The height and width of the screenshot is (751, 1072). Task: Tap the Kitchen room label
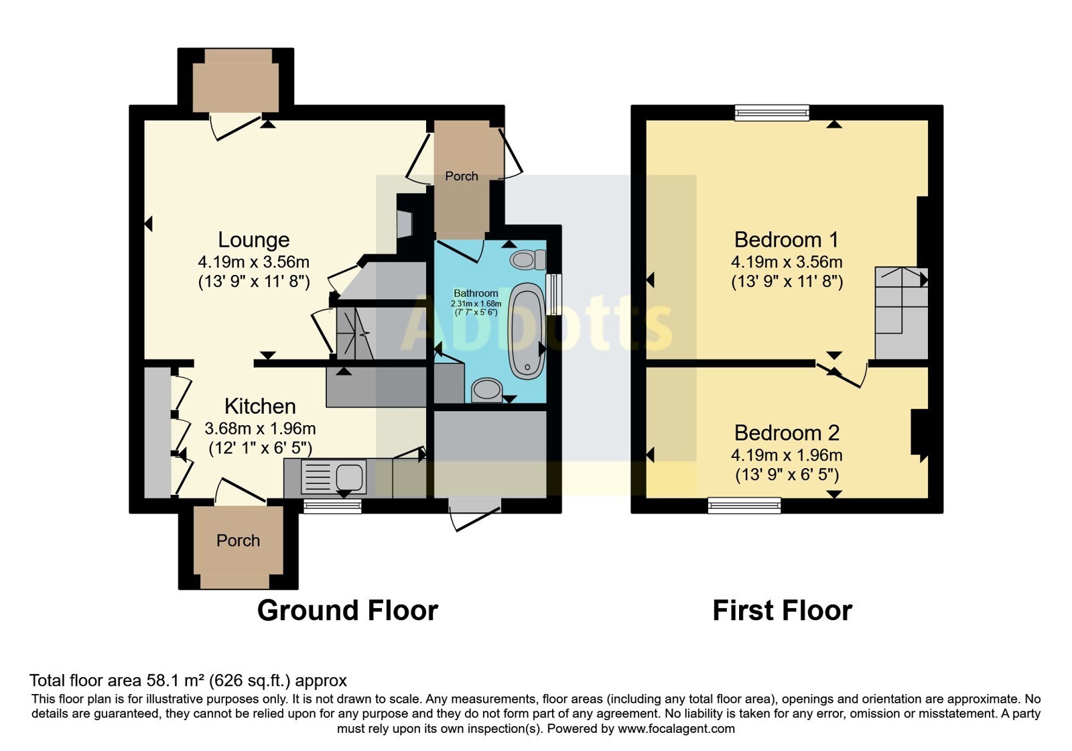click(x=260, y=406)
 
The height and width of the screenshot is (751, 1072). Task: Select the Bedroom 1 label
click(x=787, y=240)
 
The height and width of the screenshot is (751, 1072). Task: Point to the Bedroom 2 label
click(x=787, y=433)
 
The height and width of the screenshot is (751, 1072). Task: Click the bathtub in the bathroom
click(x=527, y=331)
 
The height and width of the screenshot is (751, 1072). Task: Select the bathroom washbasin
click(x=487, y=390)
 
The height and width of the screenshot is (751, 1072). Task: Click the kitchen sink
click(x=334, y=477)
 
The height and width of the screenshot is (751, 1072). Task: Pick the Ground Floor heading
click(x=348, y=611)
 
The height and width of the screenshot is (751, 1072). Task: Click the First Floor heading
click(x=782, y=611)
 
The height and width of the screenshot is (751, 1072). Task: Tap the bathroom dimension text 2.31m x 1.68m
click(x=476, y=304)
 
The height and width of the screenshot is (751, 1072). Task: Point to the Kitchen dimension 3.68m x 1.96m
click(x=260, y=428)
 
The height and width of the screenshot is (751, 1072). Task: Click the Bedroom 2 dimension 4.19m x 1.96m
click(x=787, y=455)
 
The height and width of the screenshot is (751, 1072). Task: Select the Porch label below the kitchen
click(x=238, y=540)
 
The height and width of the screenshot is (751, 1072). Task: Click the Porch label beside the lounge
click(x=462, y=176)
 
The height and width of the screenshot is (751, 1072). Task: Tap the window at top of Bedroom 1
click(x=772, y=113)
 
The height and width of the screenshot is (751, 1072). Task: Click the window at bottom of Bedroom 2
click(x=744, y=506)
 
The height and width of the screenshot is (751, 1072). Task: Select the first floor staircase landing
click(x=902, y=313)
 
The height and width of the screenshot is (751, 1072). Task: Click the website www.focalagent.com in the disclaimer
click(x=676, y=728)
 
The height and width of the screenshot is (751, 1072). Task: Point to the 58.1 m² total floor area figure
click(x=174, y=680)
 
